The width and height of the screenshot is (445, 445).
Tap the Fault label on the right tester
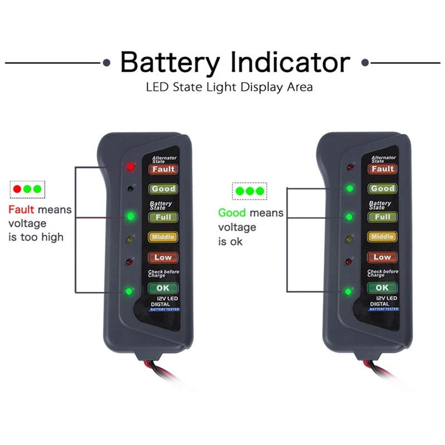[383, 169]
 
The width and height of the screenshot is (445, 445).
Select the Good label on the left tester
[163, 189]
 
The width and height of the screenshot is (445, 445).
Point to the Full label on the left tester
[163, 216]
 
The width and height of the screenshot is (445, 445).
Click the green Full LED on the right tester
[350, 215]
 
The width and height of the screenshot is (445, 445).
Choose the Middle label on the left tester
[163, 237]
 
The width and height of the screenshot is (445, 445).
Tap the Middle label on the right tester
[382, 237]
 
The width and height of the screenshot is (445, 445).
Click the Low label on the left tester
[163, 258]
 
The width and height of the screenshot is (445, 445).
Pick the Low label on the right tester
[382, 258]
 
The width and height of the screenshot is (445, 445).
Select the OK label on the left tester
[163, 288]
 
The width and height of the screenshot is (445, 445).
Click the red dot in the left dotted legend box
[17, 189]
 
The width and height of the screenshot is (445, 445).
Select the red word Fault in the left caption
[21, 211]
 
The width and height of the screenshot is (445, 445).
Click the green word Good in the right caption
[232, 212]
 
